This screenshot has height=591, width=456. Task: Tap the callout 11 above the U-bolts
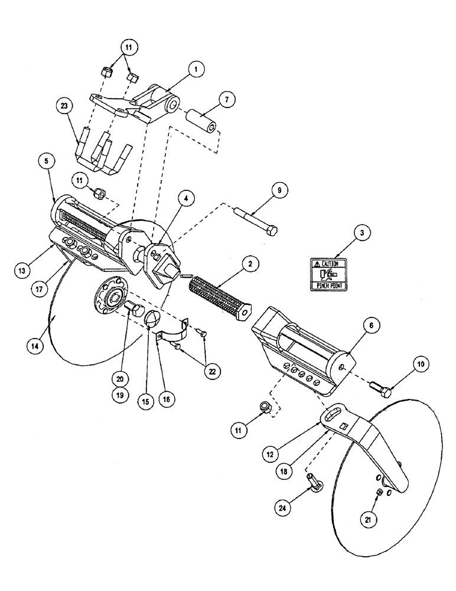128,46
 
